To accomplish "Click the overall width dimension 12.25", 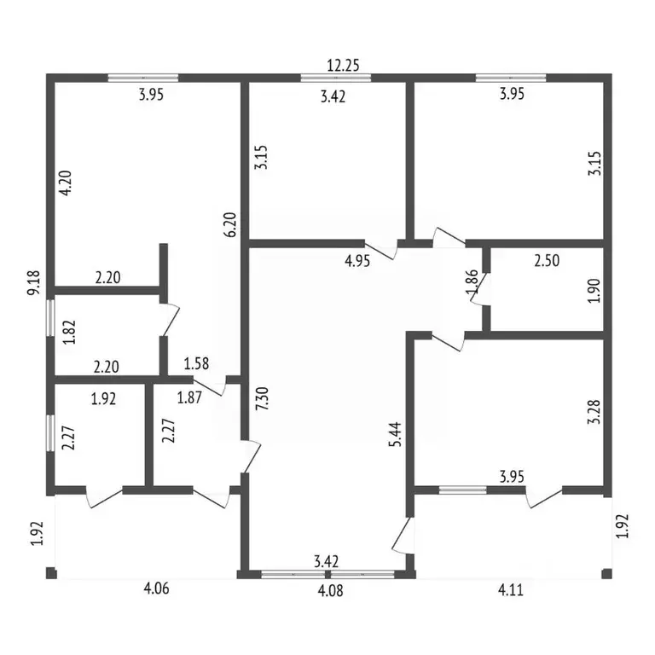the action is point(343,66).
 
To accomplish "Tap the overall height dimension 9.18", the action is point(33,283).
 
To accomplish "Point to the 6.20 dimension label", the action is point(230,225).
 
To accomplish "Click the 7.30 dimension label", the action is point(264,399).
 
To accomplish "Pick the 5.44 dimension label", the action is point(395,434).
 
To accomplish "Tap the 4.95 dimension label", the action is point(357,262).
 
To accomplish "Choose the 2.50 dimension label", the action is point(547,261).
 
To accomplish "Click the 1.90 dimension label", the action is point(594,291).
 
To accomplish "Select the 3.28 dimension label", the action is point(594,412).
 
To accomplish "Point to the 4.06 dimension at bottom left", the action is point(156,589).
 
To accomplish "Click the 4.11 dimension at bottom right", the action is point(511,590).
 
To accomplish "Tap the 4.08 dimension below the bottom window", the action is point(330,591).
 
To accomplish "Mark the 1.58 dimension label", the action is point(196,363).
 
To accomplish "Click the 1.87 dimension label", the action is point(189,397).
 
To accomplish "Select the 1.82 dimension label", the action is point(69,332).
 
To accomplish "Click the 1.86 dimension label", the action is point(471,282).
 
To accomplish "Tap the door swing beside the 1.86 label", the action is point(480,289).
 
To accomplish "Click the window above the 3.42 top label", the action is point(336,78).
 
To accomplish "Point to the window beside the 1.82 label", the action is point(50,318).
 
